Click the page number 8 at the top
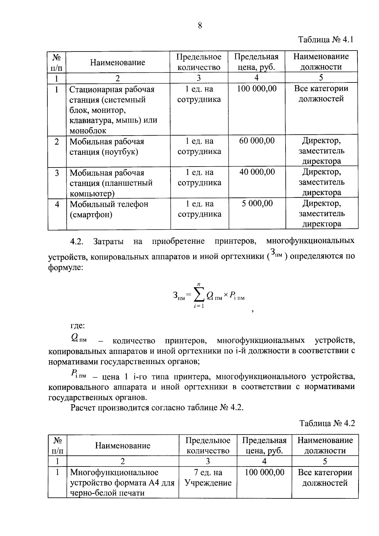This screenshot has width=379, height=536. pos(200,26)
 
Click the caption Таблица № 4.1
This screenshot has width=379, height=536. pos(325,40)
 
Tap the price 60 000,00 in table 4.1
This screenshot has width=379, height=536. pos(256,141)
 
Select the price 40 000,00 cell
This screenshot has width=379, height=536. pos(256,172)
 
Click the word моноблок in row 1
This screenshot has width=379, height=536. pos(88,131)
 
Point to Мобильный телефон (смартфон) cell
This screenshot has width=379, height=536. pos(109,209)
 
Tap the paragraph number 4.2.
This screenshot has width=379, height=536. pos(76,242)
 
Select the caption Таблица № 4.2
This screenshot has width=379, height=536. pos(327,423)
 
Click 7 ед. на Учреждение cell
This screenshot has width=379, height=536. pos(208,478)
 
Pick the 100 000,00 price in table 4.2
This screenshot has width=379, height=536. pos(264,472)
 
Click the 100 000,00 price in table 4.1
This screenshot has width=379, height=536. pos(256,89)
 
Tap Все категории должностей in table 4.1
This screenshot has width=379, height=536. pos(321,94)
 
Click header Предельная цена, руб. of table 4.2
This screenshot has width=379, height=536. pos(264,445)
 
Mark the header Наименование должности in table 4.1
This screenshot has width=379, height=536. pos(321,62)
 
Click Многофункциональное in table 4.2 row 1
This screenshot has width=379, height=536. pos(114,472)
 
